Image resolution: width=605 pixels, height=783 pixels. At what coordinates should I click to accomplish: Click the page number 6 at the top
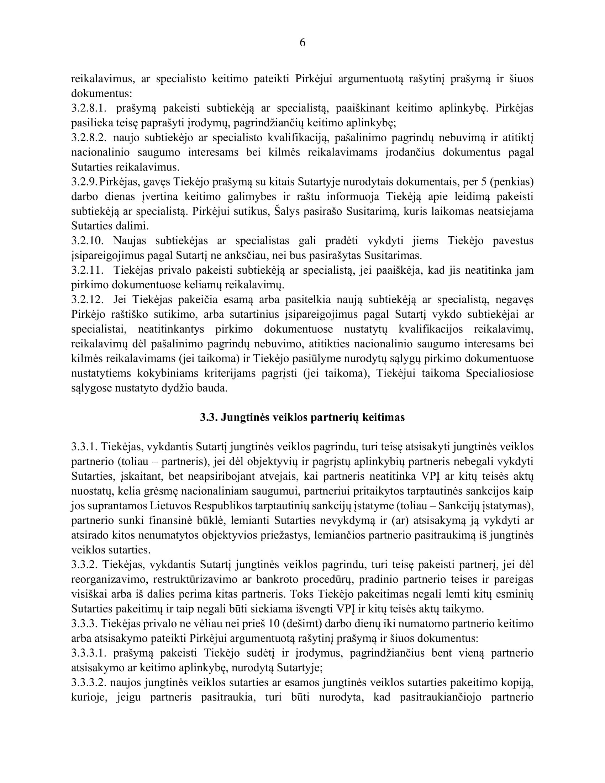302,43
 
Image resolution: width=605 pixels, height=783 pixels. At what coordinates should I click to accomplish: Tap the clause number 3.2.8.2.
89,138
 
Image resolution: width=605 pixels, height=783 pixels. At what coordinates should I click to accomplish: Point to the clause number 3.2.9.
84,182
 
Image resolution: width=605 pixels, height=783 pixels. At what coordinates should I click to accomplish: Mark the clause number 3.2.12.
87,299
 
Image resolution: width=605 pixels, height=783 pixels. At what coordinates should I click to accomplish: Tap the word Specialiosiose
500,373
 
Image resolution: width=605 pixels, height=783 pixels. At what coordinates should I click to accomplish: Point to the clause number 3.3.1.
84,447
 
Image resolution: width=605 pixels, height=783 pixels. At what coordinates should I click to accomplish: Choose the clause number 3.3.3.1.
89,653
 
